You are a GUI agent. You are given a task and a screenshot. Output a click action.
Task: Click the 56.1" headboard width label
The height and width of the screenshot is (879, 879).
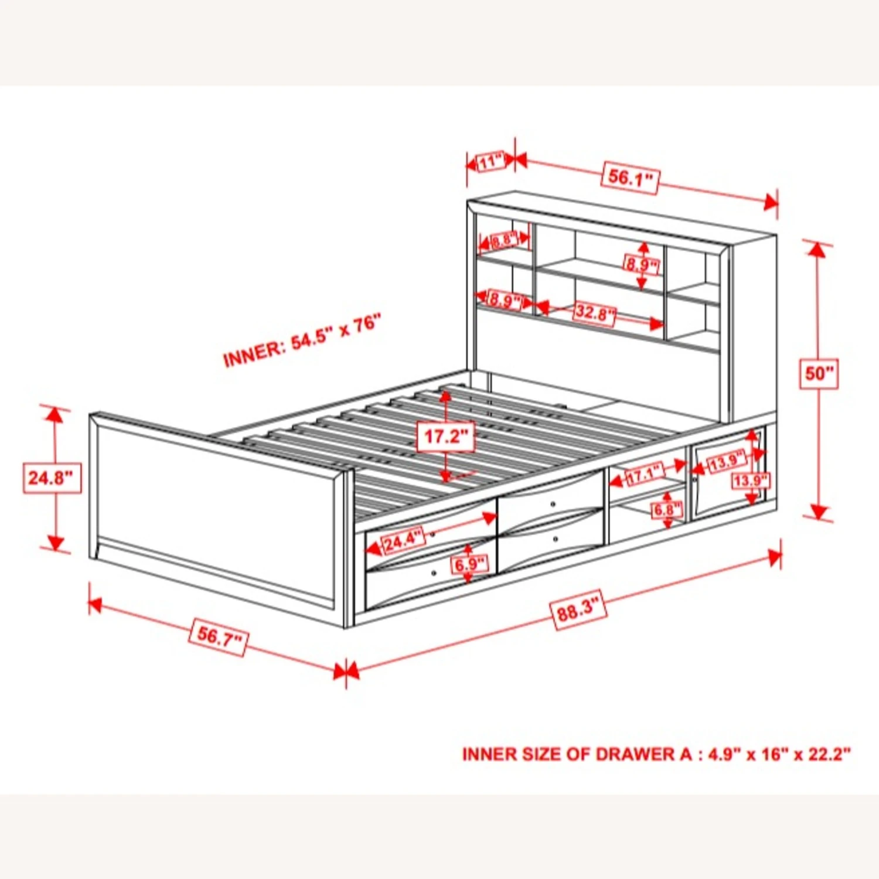coord(630,176)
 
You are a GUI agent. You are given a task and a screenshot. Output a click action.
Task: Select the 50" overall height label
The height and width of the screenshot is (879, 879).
coord(819,373)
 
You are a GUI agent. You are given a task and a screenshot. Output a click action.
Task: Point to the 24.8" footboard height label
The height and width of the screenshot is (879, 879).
coord(52,478)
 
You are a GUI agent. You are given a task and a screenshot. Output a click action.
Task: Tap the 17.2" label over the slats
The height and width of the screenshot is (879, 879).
coord(445,436)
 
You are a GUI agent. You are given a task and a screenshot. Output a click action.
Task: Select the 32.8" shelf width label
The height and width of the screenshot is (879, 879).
coord(594,312)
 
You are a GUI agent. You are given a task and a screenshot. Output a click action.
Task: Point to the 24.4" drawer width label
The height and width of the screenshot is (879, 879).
coord(403,540)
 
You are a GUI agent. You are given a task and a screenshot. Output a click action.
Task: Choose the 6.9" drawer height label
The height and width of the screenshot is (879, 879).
coord(469,564)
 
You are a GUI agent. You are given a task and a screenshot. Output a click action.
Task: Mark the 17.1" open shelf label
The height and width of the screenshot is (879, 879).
coord(645,473)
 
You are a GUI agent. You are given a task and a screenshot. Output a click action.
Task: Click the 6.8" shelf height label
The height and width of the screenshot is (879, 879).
coord(667,509)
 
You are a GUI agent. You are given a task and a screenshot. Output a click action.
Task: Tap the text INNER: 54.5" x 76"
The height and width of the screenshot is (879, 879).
coord(302,340)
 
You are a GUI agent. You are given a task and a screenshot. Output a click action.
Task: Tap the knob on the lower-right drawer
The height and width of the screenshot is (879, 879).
coord(555,539)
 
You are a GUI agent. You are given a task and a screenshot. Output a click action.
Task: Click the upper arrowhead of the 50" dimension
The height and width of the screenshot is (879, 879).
coord(816,251)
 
